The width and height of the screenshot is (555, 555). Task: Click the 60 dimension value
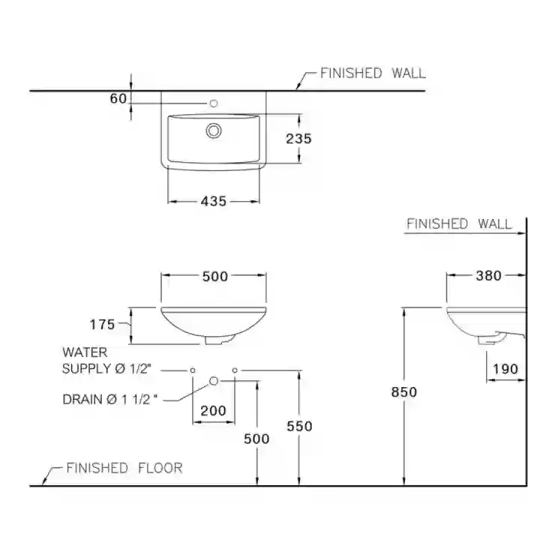(x=118, y=98)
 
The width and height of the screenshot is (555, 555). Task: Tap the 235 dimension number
(x=298, y=139)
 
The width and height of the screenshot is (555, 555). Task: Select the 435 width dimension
(x=214, y=202)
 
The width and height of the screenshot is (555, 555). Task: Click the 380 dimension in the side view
(x=488, y=276)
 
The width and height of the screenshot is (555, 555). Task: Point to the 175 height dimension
(x=102, y=324)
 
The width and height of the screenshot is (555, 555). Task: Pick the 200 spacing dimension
(x=213, y=410)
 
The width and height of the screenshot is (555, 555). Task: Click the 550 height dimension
(x=299, y=426)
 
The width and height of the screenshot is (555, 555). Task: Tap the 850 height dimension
(x=403, y=391)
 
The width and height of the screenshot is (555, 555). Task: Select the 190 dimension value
(x=505, y=369)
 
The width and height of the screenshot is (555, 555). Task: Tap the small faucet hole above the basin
(x=214, y=103)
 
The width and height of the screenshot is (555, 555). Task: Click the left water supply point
(x=193, y=370)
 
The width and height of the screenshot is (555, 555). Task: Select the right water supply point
(x=235, y=370)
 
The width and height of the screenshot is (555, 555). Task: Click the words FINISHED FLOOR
(x=124, y=468)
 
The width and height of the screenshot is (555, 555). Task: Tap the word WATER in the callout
(x=85, y=352)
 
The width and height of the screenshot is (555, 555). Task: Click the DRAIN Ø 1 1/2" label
(x=109, y=399)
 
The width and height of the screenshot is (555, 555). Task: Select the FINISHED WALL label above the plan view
(x=373, y=73)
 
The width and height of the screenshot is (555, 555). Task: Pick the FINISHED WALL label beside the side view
(x=459, y=223)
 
